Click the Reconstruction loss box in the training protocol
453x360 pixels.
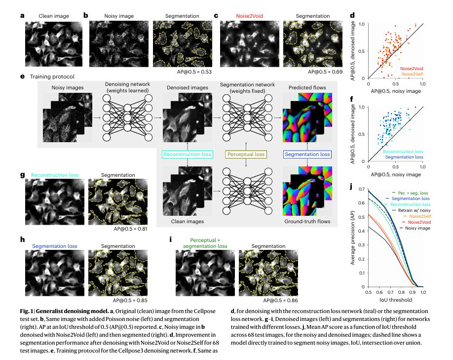(188, 155)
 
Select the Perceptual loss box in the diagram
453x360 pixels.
(245, 155)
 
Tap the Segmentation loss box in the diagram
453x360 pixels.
(307, 155)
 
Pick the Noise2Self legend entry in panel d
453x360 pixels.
(412, 74)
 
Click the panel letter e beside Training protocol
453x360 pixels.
(23, 77)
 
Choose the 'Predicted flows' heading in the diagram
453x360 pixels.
(307, 87)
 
